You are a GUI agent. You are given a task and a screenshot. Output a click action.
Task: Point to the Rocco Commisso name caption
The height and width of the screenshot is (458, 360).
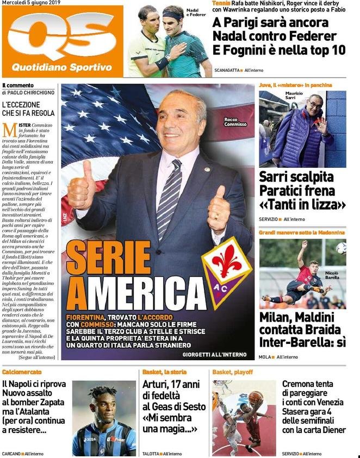[235, 122]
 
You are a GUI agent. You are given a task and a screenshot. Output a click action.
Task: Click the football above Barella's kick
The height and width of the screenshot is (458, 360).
[341, 248]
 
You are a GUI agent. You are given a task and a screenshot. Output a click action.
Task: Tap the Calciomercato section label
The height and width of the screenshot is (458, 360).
[22, 372]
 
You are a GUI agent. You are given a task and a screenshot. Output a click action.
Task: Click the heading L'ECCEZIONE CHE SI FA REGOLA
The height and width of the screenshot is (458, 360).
[28, 109]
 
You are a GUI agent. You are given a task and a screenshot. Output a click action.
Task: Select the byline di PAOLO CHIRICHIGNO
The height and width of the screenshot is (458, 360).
[28, 93]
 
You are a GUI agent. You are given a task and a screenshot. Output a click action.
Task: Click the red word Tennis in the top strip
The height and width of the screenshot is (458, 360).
[221, 4]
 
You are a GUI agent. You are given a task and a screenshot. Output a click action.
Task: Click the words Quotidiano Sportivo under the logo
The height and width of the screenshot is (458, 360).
[62, 68]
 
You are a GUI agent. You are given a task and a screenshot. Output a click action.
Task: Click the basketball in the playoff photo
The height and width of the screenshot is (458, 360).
[256, 400]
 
